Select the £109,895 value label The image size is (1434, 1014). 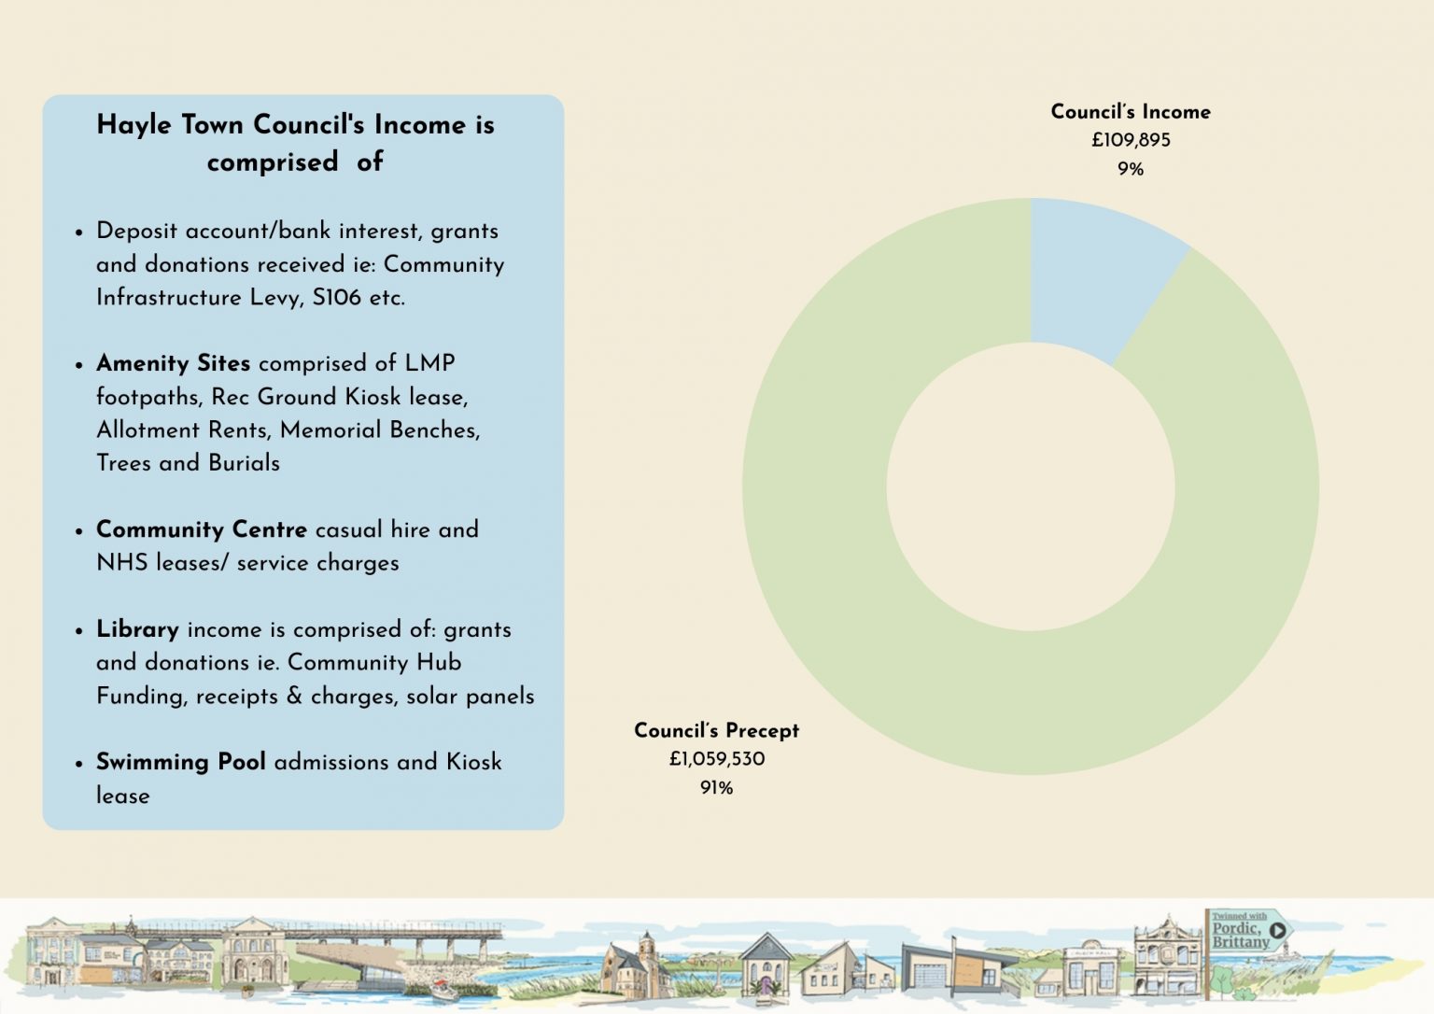[1131, 140]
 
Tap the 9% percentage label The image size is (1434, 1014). [1131, 169]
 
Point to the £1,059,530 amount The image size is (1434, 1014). [716, 759]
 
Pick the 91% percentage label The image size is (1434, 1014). [716, 788]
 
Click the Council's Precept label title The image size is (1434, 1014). [716, 730]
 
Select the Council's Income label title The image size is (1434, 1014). [1131, 112]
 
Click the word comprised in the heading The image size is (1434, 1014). [273, 162]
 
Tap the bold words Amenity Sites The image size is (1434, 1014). [173, 363]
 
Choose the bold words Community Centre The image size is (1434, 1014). [201, 529]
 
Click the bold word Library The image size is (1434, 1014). [137, 629]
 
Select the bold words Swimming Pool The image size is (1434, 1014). [180, 762]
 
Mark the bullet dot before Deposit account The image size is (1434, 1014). [79, 232]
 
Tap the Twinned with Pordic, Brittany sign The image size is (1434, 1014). [1245, 930]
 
